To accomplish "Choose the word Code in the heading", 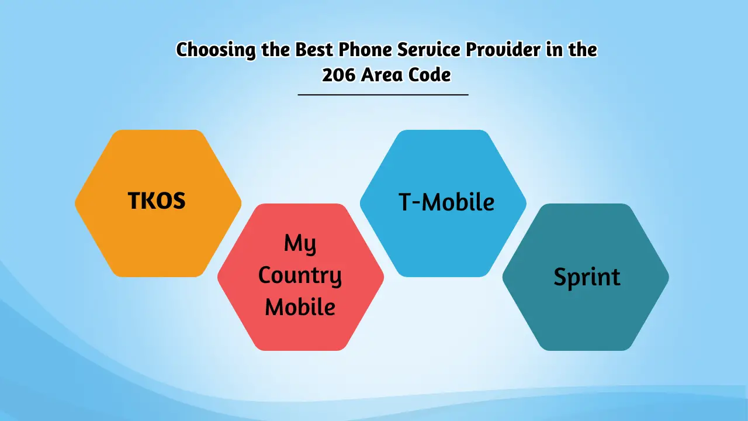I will (430, 75).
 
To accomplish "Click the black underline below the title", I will (383, 94).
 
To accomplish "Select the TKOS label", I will (157, 201).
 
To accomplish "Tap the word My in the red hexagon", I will (300, 244).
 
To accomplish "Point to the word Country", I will (300, 276).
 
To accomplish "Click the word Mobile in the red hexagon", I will (300, 307).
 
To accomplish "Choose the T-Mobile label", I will (446, 202).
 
